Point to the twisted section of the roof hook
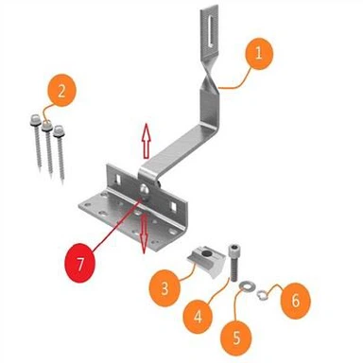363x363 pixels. coord(209,80)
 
